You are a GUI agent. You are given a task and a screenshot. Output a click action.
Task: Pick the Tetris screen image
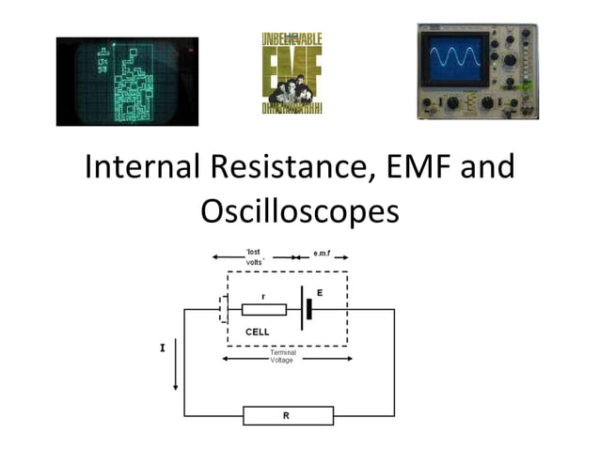tap(127, 81)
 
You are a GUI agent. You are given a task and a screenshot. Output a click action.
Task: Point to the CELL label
tap(257, 333)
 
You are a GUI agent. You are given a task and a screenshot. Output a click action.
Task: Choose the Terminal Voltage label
tap(282, 356)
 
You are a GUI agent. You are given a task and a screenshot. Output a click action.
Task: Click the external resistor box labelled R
tap(288, 415)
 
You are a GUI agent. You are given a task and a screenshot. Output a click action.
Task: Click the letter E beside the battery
tap(320, 293)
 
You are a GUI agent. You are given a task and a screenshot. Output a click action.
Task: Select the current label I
tap(162, 348)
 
